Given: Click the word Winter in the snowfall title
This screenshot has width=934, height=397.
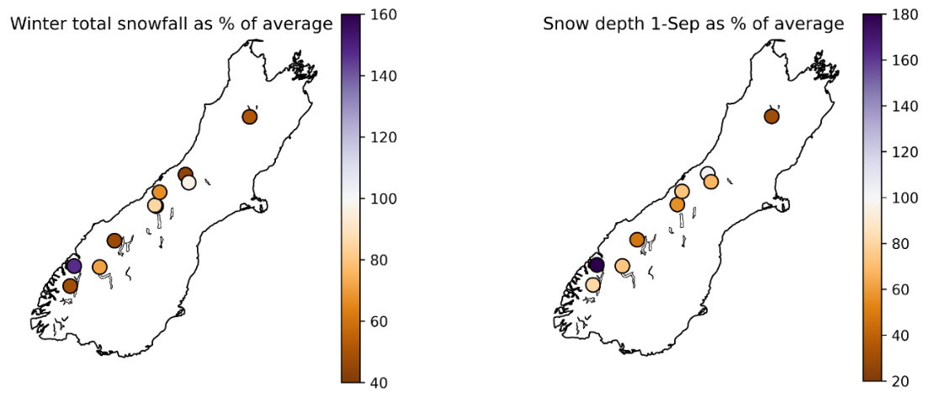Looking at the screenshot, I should click(x=35, y=24).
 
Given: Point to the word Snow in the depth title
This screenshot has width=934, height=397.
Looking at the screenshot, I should click(x=561, y=24).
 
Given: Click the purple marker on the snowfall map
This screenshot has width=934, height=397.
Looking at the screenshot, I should click(x=73, y=266).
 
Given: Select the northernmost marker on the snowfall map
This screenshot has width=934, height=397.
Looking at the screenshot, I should click(x=249, y=117).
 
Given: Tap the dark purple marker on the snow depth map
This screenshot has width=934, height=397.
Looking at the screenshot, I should click(x=597, y=265).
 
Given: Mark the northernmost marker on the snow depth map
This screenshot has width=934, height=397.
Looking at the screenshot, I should click(x=772, y=116).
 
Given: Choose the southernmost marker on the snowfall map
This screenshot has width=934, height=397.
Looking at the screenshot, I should click(x=70, y=286).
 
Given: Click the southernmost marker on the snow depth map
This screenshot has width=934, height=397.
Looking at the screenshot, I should click(x=592, y=285).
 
